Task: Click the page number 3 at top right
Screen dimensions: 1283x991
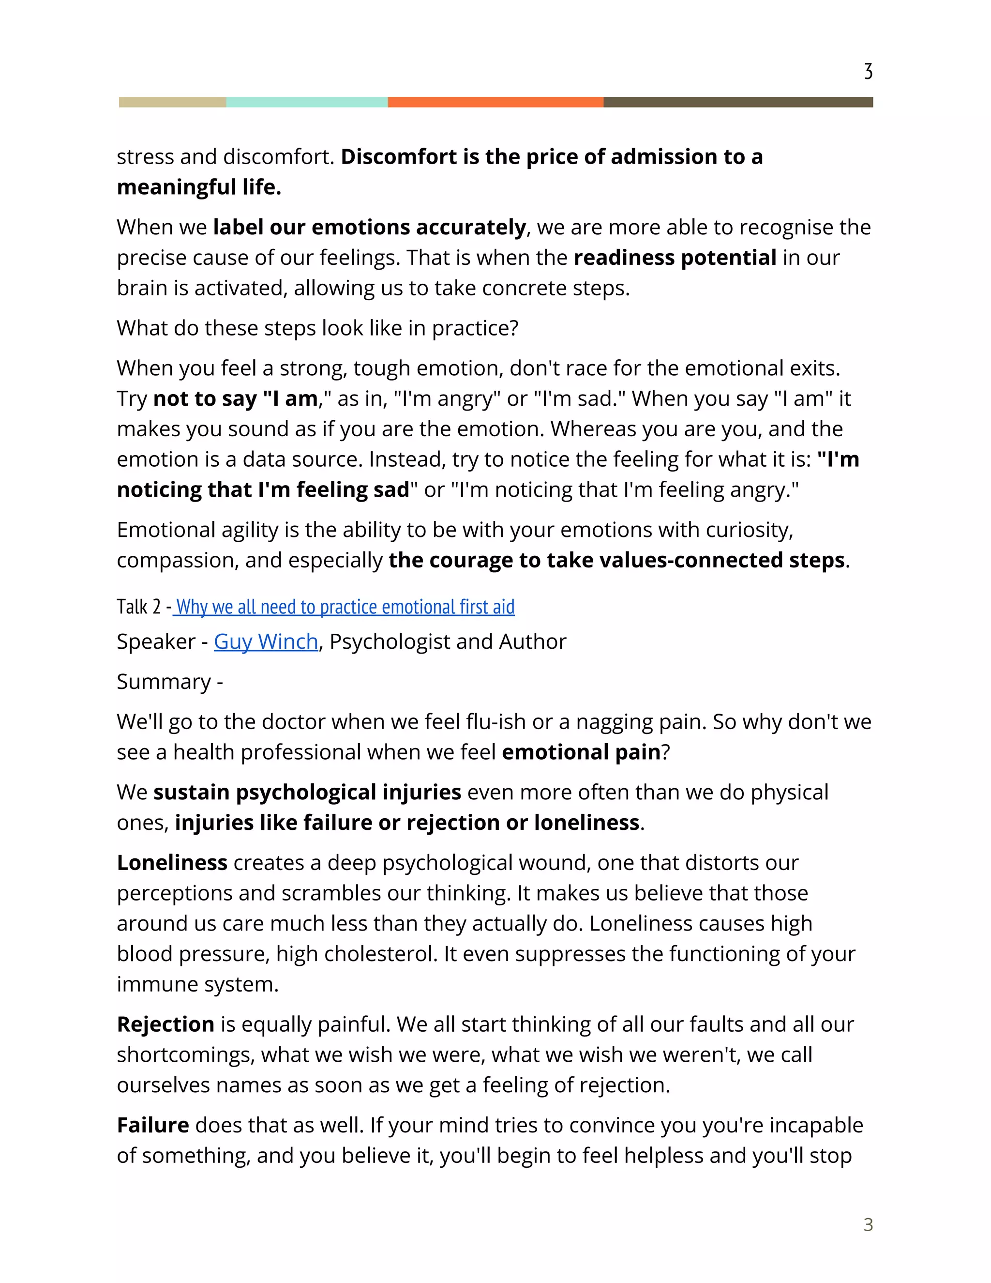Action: click(x=868, y=72)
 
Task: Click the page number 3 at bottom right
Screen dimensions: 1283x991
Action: click(x=868, y=1225)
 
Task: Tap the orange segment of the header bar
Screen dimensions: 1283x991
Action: click(x=495, y=102)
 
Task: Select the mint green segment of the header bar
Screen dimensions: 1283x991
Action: click(x=306, y=102)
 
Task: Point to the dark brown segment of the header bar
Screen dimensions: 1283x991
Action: click(x=738, y=102)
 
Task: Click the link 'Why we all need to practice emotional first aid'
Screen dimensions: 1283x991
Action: click(x=345, y=606)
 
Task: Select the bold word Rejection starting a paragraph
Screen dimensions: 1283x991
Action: click(x=165, y=1024)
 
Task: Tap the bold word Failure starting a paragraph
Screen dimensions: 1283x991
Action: click(x=152, y=1125)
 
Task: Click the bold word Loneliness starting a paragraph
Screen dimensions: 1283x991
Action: click(x=172, y=863)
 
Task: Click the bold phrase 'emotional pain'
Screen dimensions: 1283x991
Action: click(x=581, y=752)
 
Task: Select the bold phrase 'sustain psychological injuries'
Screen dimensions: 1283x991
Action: click(x=307, y=793)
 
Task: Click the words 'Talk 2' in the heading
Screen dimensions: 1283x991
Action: click(x=138, y=607)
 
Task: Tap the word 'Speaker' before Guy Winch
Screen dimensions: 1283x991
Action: click(x=156, y=641)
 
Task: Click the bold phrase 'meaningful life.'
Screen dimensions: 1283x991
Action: click(x=199, y=187)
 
